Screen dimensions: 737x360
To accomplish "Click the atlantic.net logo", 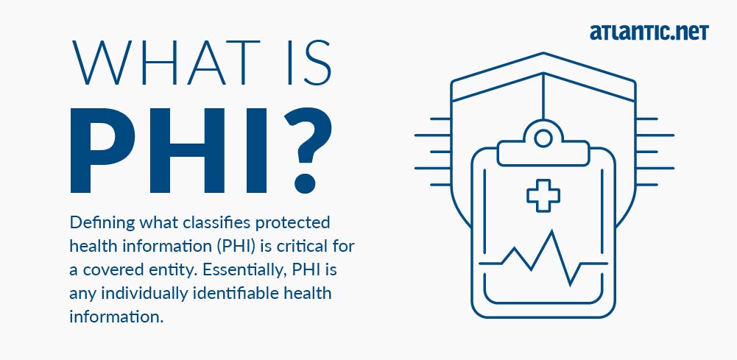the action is click(649, 32).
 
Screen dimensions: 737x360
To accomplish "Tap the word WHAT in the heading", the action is click(166, 63).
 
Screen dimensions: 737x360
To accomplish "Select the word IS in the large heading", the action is click(308, 63).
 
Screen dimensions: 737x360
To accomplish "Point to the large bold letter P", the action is click(102, 150).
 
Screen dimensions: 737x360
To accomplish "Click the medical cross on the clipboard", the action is click(543, 194).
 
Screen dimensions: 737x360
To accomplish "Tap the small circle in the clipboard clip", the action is click(543, 138).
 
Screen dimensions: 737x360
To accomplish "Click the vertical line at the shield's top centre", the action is click(543, 96).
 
